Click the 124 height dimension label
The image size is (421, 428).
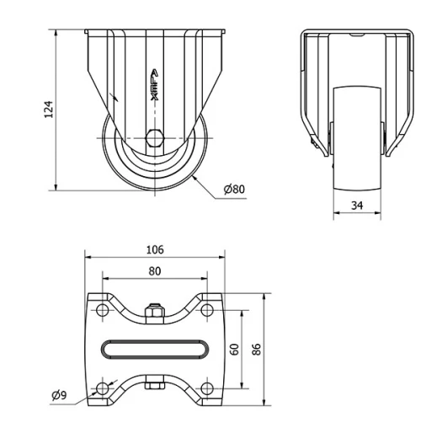coord(49,109)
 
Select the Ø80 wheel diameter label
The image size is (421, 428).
coord(234,190)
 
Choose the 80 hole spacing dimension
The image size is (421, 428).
coord(154,270)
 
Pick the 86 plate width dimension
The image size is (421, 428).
coord(257,348)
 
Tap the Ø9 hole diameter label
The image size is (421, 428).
coord(59,393)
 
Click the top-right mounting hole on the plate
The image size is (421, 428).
coord(205,311)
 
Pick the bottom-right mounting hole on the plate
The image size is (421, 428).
coord(205,388)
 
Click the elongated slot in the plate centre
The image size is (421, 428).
coord(154,349)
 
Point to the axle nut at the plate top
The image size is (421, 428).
coord(154,313)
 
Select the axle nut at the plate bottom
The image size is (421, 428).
coord(154,385)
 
